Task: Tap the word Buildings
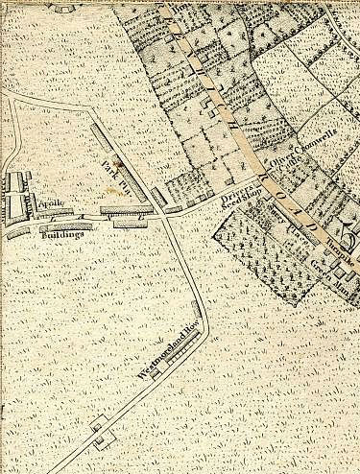(61, 233)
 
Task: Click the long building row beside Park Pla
(122, 157)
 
